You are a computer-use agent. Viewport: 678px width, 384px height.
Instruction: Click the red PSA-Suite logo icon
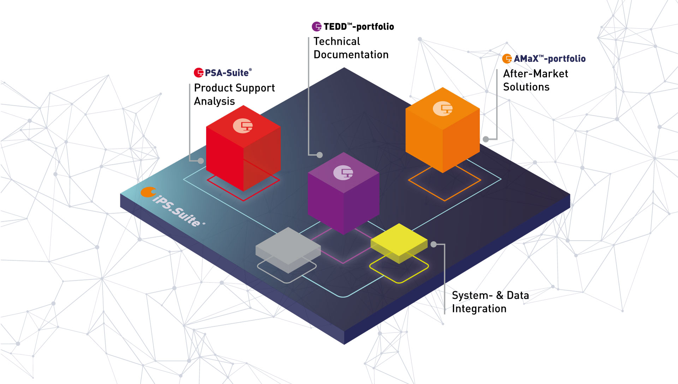(x=199, y=73)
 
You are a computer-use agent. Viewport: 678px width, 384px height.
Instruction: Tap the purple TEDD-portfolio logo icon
(x=317, y=26)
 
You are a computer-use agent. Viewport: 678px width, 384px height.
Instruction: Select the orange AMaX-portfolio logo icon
(x=507, y=59)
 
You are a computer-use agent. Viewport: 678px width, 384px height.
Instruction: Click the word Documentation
(x=351, y=55)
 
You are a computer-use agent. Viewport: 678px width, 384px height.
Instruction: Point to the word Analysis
(x=214, y=101)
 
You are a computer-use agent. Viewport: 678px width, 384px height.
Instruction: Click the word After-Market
(x=535, y=74)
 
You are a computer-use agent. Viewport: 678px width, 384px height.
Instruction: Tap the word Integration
(x=479, y=309)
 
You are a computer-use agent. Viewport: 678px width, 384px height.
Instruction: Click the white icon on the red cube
(x=243, y=126)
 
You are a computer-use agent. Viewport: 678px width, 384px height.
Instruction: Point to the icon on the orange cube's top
(x=443, y=109)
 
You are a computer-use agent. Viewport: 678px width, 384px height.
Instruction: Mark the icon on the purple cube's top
(x=343, y=173)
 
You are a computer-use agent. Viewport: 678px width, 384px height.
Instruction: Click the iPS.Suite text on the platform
(x=177, y=210)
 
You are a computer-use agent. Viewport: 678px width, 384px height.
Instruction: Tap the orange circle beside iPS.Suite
(x=148, y=192)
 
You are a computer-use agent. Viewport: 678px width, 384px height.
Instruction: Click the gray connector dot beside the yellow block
(x=434, y=244)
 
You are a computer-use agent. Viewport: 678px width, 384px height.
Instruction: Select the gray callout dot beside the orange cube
(x=486, y=139)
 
